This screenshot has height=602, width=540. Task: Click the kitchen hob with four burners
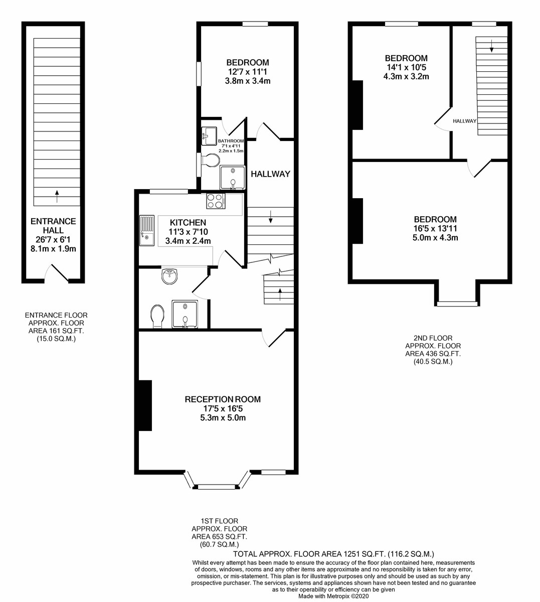click(216, 201)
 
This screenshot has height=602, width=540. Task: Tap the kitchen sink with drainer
click(147, 231)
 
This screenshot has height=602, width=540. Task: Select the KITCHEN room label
click(188, 222)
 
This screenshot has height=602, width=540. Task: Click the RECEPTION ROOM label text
click(223, 399)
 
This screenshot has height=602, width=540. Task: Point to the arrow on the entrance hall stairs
click(57, 197)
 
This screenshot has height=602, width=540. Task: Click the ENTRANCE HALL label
click(53, 226)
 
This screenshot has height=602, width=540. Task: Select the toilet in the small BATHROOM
click(210, 160)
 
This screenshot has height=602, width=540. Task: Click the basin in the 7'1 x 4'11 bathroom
click(209, 136)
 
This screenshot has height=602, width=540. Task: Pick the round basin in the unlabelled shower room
click(169, 276)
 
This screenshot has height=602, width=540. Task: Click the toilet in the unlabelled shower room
click(157, 317)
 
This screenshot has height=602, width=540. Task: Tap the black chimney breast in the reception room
click(145, 405)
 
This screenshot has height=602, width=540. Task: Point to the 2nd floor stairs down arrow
click(491, 46)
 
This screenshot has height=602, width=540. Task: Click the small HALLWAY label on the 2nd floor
click(465, 121)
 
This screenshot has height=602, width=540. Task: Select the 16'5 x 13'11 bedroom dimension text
click(435, 228)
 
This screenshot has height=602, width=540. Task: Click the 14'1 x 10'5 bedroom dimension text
click(406, 67)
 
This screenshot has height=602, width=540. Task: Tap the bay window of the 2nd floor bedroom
click(457, 304)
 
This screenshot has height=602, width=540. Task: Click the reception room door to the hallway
click(274, 338)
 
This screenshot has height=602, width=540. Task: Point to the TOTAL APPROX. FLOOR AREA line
click(333, 554)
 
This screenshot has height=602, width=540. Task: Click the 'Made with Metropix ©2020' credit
click(333, 596)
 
